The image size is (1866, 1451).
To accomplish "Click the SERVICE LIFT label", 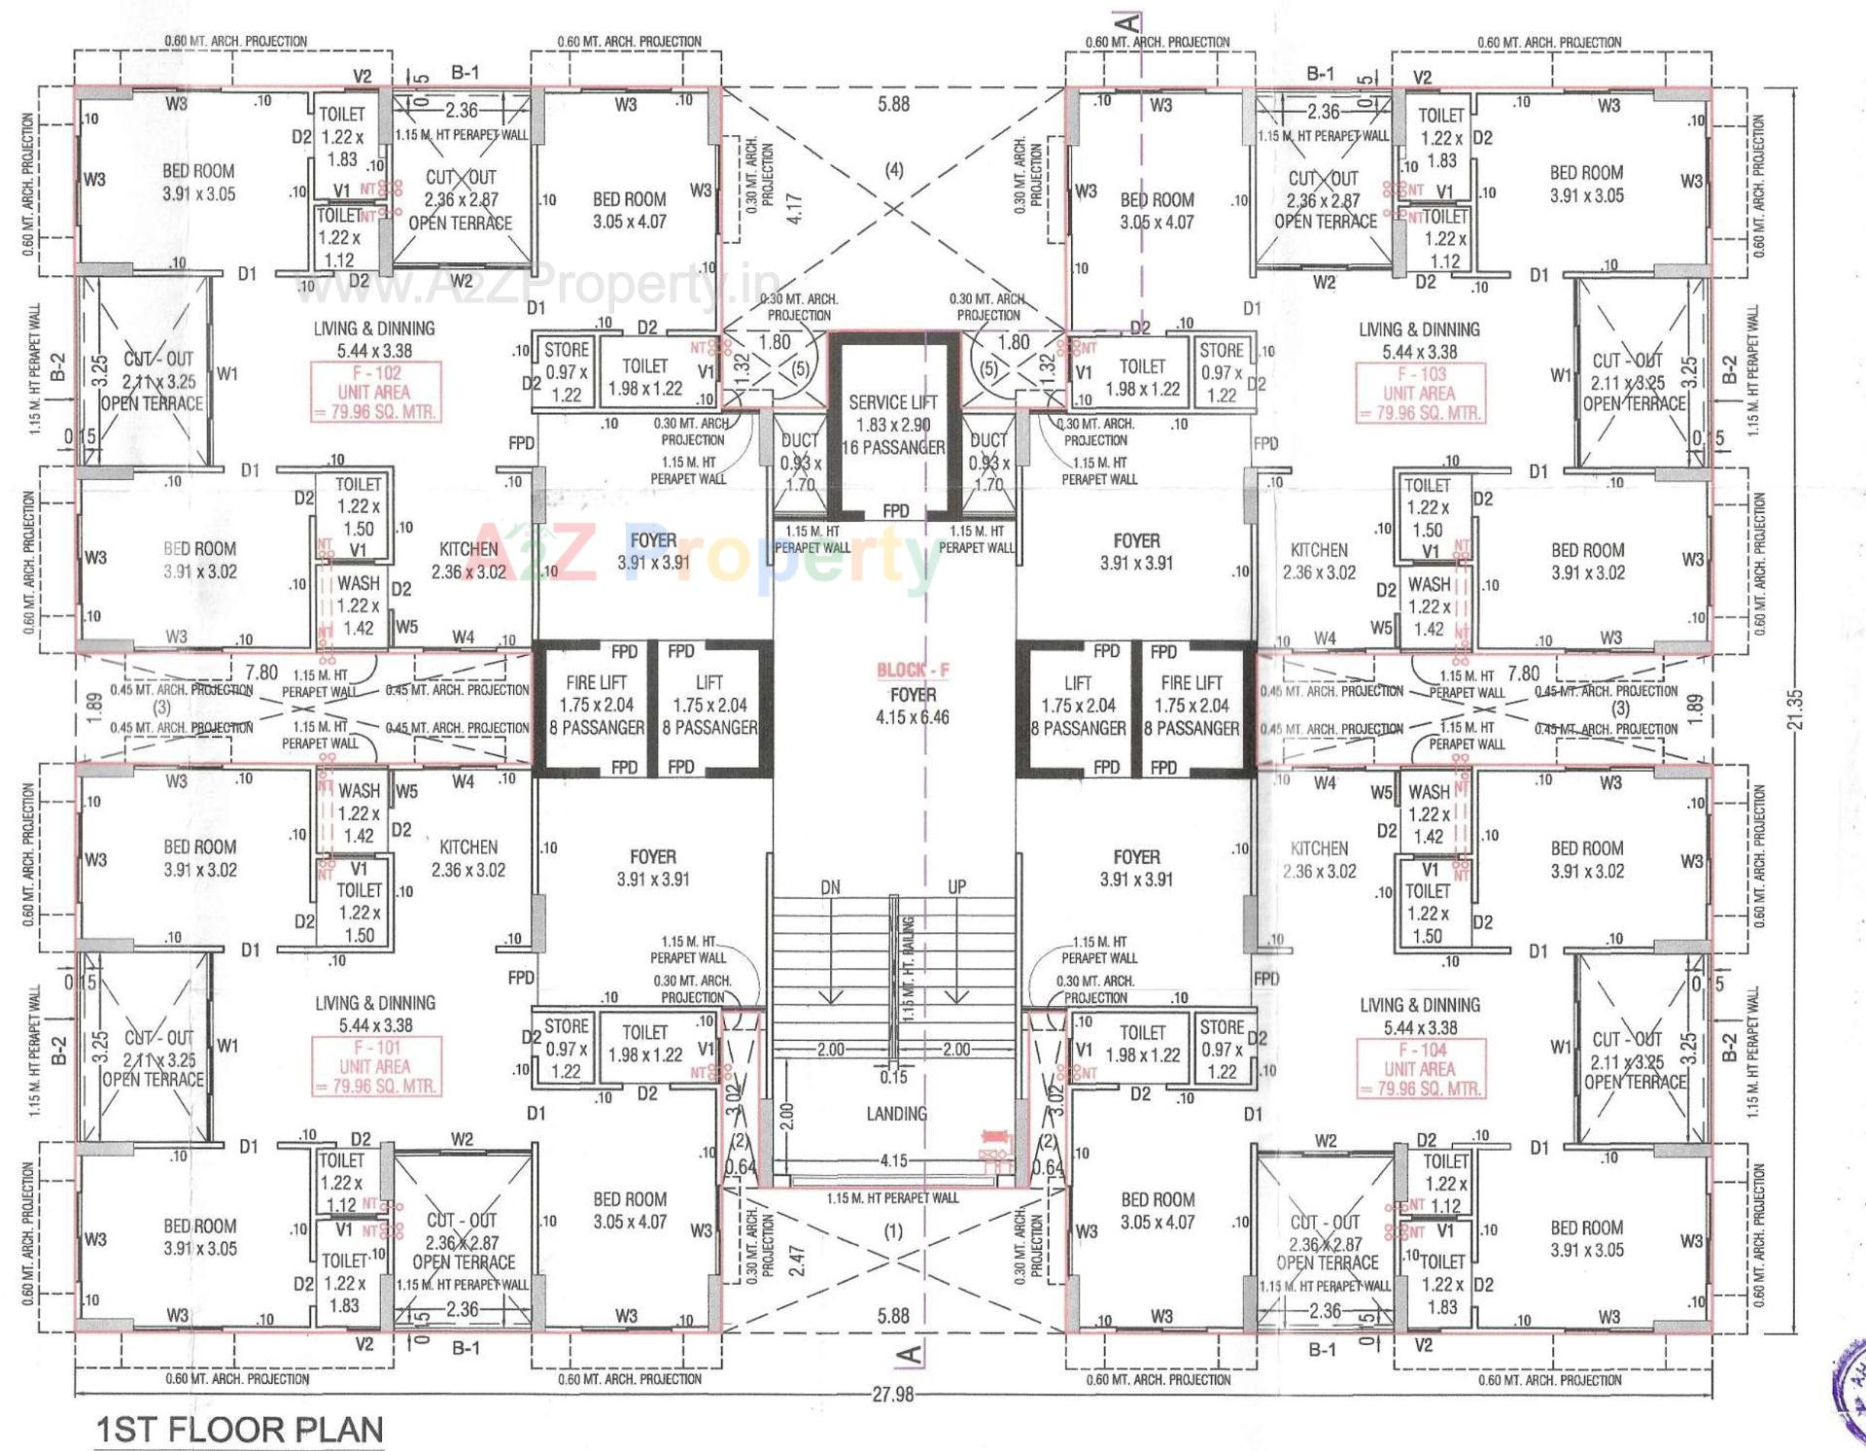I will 892,401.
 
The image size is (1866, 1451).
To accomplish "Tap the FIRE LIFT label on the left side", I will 596,682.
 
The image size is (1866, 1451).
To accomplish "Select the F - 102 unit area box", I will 375,392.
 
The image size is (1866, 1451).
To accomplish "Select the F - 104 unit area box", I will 1419,1068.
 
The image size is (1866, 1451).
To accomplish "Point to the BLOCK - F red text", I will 913,670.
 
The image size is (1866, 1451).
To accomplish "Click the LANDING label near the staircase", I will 896,1114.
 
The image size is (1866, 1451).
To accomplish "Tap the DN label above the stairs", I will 830,887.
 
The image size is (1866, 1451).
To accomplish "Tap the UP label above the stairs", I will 956,887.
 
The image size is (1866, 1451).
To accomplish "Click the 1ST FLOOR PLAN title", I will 239,1430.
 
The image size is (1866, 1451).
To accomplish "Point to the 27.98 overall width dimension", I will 892,1395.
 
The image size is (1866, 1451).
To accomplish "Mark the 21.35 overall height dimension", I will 1795,709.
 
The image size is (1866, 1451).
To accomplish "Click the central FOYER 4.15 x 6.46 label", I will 913,707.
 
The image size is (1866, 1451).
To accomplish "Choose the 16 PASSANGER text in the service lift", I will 892,447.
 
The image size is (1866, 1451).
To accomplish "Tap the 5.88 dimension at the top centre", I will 893,104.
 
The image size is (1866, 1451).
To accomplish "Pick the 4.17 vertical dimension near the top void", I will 794,209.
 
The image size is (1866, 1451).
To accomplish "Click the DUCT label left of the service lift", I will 799,440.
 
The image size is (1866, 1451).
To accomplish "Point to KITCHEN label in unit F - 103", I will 1318,550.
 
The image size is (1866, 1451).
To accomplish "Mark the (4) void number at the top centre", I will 893,170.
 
